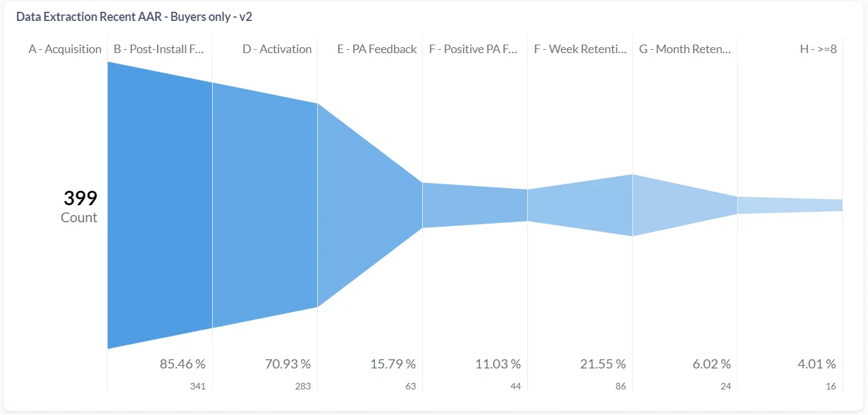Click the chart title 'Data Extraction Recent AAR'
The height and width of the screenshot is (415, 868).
pyautogui.click(x=134, y=17)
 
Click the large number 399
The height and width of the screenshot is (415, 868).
pyautogui.click(x=80, y=198)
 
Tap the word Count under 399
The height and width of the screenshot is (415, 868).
pyautogui.click(x=79, y=218)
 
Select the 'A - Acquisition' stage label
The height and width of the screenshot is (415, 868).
pyautogui.click(x=65, y=49)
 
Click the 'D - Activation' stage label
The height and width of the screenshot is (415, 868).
pyautogui.click(x=276, y=49)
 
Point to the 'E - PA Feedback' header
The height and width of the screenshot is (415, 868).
pyautogui.click(x=377, y=49)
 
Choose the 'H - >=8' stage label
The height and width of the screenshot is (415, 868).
pyautogui.click(x=818, y=49)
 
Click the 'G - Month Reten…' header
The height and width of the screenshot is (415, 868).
pyautogui.click(x=685, y=49)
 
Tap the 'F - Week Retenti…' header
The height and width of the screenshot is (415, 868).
pyautogui.click(x=580, y=49)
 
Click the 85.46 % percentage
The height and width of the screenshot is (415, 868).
pyautogui.click(x=183, y=364)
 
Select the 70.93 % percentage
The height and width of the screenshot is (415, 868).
pyautogui.click(x=288, y=364)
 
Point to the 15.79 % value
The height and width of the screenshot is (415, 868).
pyautogui.click(x=393, y=364)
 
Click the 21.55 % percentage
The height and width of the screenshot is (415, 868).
pyautogui.click(x=603, y=364)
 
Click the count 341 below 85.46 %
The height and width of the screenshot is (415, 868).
pyautogui.click(x=197, y=386)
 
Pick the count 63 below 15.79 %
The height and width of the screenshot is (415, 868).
pyautogui.click(x=410, y=386)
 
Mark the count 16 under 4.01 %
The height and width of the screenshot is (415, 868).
pyautogui.click(x=831, y=386)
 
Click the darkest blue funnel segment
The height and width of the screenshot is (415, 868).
pyautogui.click(x=160, y=205)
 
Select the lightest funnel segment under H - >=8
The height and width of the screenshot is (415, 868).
pyautogui.click(x=790, y=205)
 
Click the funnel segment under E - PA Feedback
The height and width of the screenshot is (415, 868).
pyautogui.click(x=370, y=205)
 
